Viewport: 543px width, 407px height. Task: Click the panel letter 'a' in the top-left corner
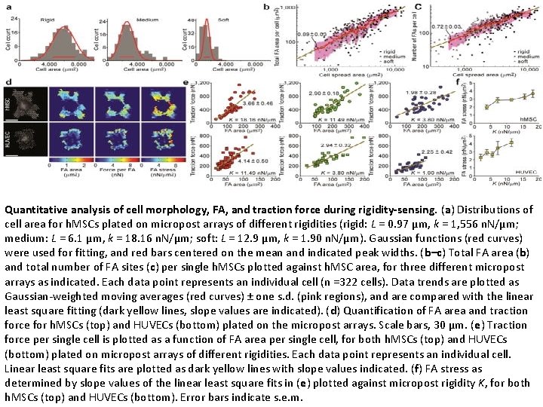click(x=8, y=7)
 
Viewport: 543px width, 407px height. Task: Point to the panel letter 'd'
click(x=8, y=82)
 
